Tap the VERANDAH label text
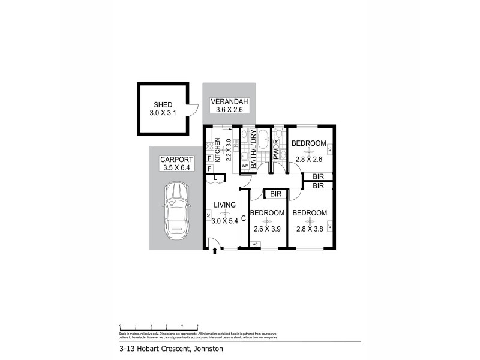click(226, 101)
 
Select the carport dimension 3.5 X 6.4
click(175, 167)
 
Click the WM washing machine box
click(245, 165)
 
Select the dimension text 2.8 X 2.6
click(310, 159)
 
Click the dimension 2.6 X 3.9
click(267, 229)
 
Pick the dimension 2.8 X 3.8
click(310, 229)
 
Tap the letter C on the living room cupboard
click(244, 218)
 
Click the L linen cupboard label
click(215, 178)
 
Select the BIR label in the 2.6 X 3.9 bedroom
click(276, 194)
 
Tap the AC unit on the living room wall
click(208, 215)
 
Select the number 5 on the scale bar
click(197, 325)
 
